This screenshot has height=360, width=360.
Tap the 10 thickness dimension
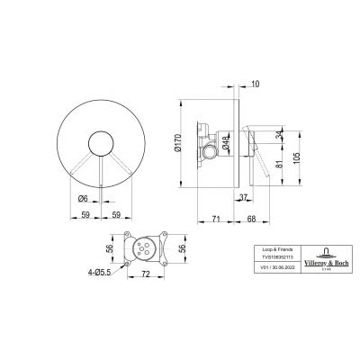click(x=258, y=84)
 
